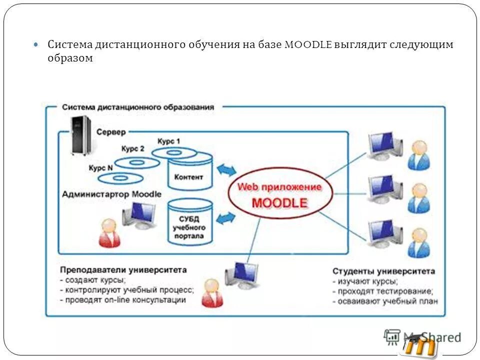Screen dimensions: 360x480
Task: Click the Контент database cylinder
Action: [x=189, y=173]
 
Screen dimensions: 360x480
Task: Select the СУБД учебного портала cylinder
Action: [x=189, y=223]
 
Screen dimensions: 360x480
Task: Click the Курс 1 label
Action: [x=168, y=141]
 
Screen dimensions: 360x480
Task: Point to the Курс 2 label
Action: [x=132, y=149]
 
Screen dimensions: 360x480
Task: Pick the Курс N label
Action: [x=100, y=168]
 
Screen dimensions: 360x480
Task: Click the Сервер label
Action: [x=111, y=132]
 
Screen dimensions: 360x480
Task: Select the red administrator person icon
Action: [x=109, y=234]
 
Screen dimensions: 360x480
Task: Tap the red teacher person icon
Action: [x=212, y=292]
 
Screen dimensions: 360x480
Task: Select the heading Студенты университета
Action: [x=383, y=271]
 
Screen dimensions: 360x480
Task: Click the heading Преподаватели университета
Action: [x=123, y=270]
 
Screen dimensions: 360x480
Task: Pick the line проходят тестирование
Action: [x=383, y=291]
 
